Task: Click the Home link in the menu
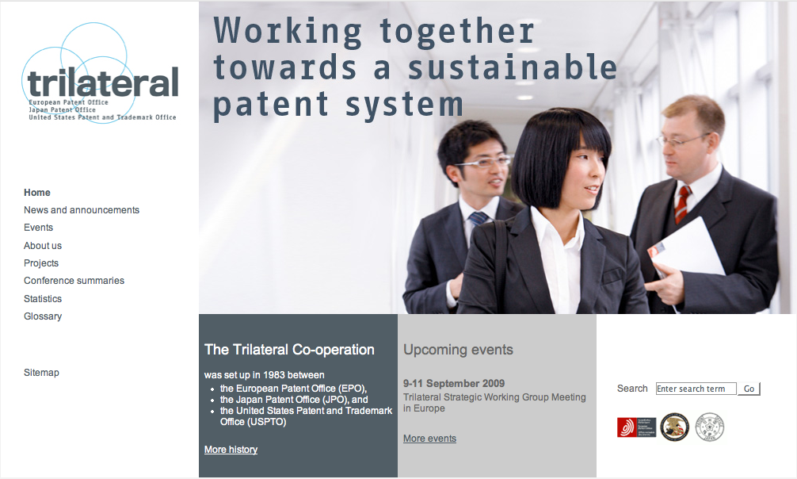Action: point(37,193)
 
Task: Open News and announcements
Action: point(82,209)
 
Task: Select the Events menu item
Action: point(38,228)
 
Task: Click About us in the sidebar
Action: point(43,245)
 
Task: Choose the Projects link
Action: point(41,263)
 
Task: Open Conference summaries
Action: point(74,281)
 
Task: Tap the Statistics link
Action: point(43,299)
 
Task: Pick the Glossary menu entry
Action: point(43,316)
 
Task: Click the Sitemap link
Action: point(41,373)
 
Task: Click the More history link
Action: point(231,450)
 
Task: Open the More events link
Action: point(429,439)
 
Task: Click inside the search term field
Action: point(696,389)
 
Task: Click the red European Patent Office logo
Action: point(636,427)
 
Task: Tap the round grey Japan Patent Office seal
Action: point(710,427)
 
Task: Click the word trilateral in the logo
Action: point(103,82)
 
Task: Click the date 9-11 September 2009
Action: point(454,383)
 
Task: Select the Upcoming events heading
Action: point(458,350)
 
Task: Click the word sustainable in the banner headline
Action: point(513,67)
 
